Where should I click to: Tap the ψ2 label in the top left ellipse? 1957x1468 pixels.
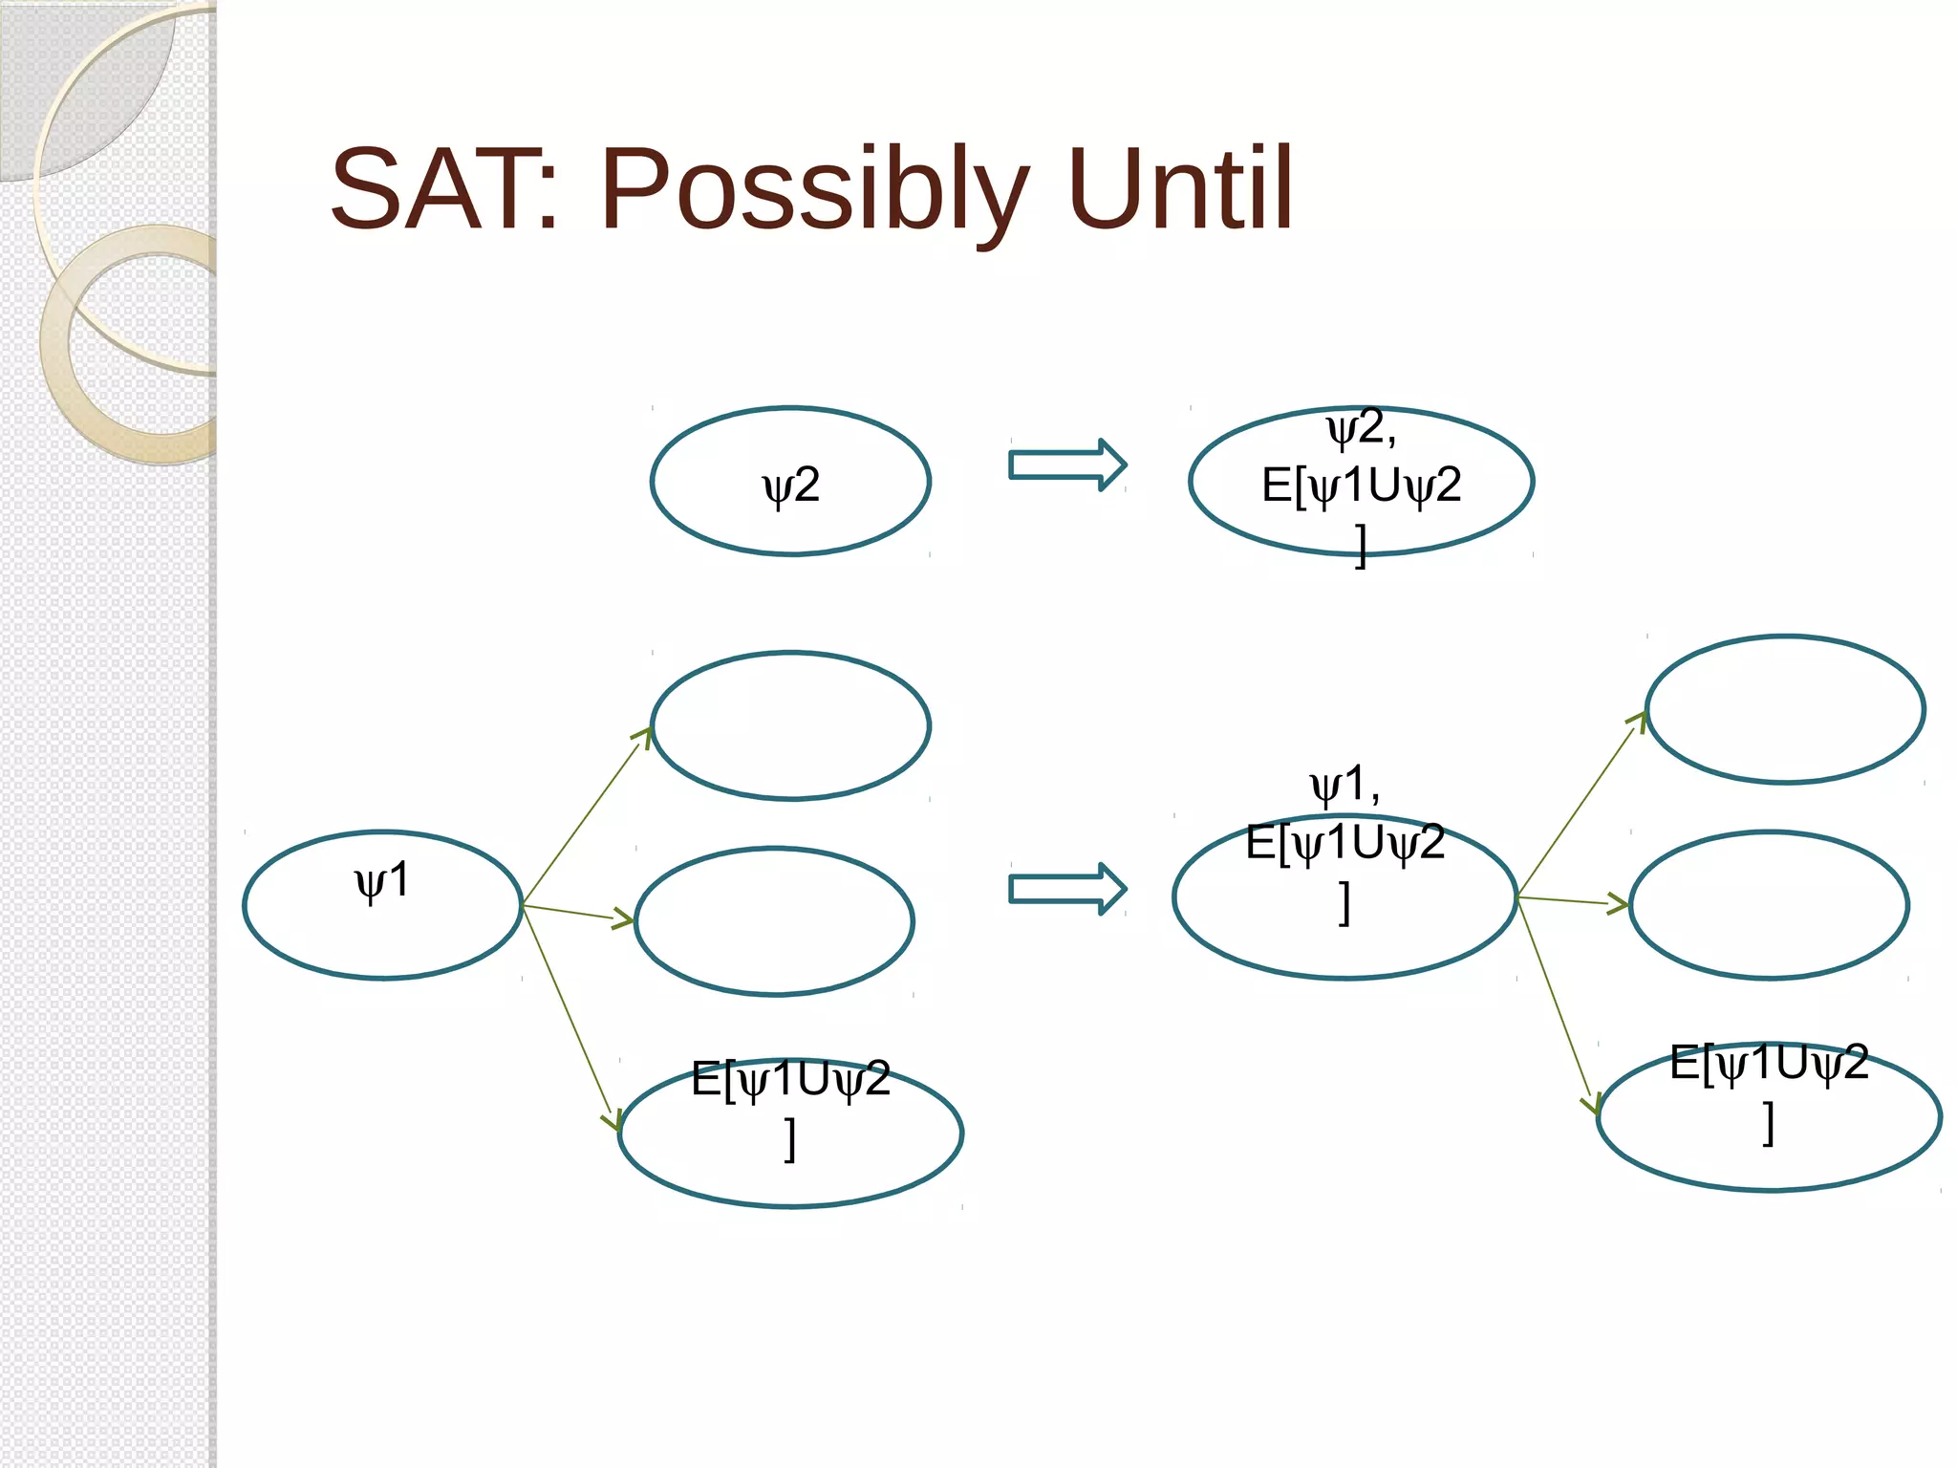791,486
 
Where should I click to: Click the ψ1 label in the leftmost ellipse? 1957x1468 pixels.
382,880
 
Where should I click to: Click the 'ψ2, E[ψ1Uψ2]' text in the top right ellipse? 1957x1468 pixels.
1361,486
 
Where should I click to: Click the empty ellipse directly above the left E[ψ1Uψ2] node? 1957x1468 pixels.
774,921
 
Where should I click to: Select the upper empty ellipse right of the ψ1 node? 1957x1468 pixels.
790,725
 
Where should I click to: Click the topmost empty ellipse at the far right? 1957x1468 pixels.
1785,709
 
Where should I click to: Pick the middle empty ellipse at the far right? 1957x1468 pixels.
1769,905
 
